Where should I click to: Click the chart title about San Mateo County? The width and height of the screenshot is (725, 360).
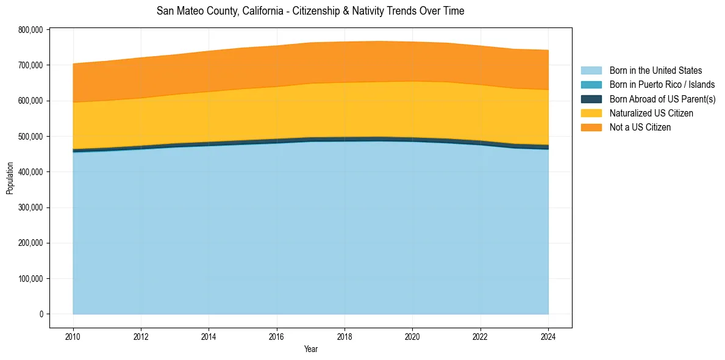[x=310, y=11]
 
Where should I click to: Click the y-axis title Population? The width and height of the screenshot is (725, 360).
[x=10, y=178]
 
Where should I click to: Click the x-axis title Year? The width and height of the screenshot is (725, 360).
[x=310, y=349]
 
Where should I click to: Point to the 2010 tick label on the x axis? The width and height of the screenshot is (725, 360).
[x=73, y=336]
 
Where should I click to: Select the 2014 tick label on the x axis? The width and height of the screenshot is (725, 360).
[x=209, y=336]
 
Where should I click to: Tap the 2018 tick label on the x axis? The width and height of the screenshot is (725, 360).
[x=345, y=336]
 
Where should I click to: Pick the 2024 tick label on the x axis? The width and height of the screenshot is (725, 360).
[x=548, y=336]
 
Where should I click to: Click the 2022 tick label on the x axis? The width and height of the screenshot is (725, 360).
[x=480, y=336]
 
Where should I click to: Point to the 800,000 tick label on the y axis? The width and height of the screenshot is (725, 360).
[x=30, y=30]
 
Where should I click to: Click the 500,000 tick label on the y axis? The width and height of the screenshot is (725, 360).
[x=30, y=137]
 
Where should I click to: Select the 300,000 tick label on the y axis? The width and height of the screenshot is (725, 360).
[x=30, y=207]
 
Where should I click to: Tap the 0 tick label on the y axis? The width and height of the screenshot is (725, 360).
[x=41, y=314]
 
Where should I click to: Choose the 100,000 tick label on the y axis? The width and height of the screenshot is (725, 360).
[x=30, y=279]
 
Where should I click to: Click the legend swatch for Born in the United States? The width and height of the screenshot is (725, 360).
[x=591, y=71]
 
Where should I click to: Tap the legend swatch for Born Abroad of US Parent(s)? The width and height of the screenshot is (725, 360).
[x=591, y=99]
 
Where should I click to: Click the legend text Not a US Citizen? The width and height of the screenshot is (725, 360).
[x=640, y=127]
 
